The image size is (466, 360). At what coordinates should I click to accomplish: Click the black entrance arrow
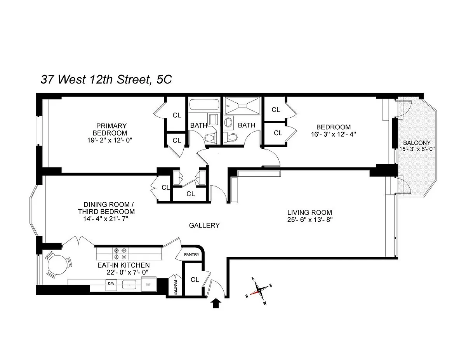pos(216,304)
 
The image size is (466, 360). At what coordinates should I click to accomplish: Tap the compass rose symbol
pos(259,290)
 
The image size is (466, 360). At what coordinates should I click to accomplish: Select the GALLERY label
pos(204,225)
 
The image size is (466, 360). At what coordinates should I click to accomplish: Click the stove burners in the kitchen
pos(120,254)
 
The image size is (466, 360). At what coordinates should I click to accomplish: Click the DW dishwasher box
pos(111,285)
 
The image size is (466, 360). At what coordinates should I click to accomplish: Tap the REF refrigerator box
pos(148,284)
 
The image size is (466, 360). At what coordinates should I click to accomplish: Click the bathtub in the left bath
pos(204,104)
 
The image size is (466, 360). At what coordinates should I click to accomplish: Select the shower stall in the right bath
pos(243,106)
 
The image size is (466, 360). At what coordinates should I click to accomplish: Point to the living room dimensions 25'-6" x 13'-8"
pos(310,220)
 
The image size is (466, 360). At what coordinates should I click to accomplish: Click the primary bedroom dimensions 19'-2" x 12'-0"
pos(110,140)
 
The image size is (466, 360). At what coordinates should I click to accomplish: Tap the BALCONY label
pos(417,143)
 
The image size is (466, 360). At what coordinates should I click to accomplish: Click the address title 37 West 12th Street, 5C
pos(106,80)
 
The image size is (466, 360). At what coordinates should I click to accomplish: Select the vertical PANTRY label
pos(176,287)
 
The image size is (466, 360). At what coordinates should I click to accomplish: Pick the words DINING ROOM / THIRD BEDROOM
pos(106,208)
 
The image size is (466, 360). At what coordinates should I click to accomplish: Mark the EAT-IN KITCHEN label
pos(123,265)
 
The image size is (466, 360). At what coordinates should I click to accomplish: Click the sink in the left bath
pos(213,120)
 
